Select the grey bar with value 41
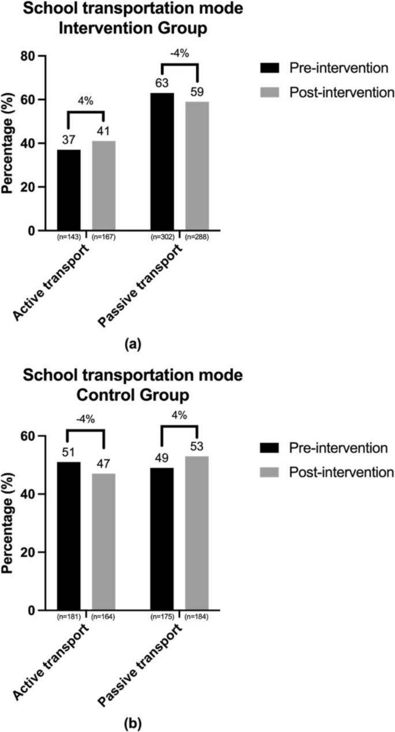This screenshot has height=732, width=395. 103,185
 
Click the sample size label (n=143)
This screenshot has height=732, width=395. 69,236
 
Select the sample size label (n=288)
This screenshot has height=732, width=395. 197,236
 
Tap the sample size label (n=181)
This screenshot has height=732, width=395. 69,616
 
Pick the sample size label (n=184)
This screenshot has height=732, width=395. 197,616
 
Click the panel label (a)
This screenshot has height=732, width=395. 133,344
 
